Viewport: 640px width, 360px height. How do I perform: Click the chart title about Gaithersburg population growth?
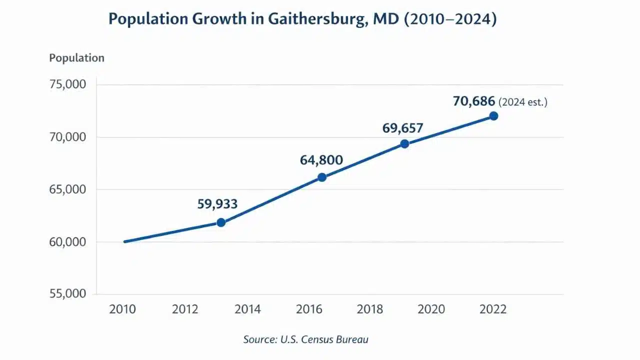point(302,19)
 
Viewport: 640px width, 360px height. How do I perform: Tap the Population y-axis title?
point(76,58)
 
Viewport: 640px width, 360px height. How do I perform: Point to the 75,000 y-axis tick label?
point(68,84)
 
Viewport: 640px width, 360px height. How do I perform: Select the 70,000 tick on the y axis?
point(68,137)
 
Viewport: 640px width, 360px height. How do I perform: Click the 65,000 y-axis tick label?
point(68,189)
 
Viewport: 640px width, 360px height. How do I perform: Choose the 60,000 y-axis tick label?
point(68,242)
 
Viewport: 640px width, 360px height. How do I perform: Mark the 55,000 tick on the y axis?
point(68,293)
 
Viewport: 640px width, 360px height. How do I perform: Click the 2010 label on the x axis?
point(122,309)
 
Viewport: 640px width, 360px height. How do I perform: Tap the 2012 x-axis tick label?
point(185,309)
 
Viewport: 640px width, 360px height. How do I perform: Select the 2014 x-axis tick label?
point(247,309)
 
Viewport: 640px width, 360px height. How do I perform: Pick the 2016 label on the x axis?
point(309,309)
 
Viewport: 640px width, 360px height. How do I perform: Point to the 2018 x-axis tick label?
point(370,309)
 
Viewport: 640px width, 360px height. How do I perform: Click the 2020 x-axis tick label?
point(431,309)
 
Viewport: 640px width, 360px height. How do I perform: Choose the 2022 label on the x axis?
point(493,309)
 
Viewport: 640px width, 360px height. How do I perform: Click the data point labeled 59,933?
point(221,222)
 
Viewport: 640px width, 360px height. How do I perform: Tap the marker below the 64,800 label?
point(322,177)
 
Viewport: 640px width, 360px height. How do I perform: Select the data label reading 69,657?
point(403,128)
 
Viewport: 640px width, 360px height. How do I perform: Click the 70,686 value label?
point(474,101)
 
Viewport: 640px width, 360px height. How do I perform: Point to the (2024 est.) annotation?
point(523,102)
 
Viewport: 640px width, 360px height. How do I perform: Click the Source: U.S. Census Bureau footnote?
point(305,339)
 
